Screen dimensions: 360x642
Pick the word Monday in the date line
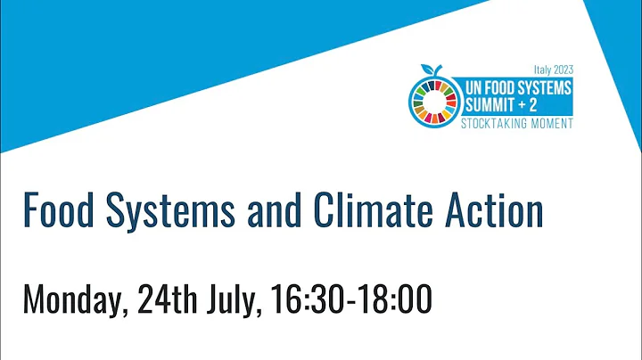tap(76, 299)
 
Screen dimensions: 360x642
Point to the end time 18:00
tap(395, 299)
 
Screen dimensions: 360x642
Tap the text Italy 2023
tap(553, 69)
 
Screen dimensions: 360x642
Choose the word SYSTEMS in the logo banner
tap(545, 87)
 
